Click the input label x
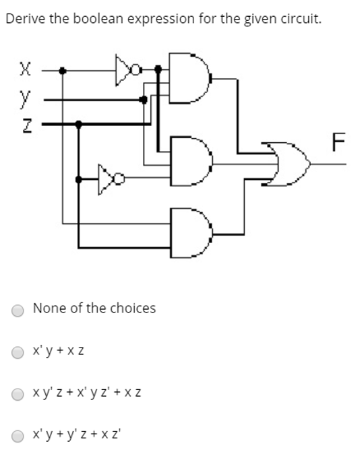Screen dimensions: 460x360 click(x=25, y=69)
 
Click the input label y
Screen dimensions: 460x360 click(x=25, y=99)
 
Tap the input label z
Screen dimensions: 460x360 click(x=25, y=125)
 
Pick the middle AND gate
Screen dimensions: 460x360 click(x=189, y=162)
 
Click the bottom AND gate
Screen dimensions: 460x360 click(x=189, y=232)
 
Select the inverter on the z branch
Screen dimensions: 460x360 click(x=111, y=178)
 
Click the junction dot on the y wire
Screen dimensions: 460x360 click(x=143, y=99)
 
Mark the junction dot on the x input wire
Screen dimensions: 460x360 click(x=63, y=69)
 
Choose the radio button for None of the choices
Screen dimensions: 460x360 click(x=18, y=310)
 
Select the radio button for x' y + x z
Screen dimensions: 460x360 click(x=18, y=352)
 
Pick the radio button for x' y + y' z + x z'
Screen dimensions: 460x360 click(x=18, y=436)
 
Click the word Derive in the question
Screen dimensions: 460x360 click(x=24, y=19)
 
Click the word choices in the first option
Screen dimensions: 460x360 click(x=133, y=308)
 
